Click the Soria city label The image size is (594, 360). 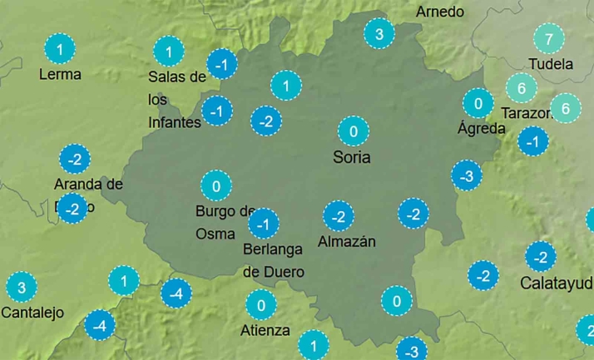(351, 157)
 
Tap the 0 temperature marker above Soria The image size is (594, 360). (354, 131)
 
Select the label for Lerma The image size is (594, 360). (60, 74)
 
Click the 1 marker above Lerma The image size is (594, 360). (59, 48)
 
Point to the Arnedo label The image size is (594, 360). (440, 12)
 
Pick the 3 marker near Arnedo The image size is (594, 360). (379, 34)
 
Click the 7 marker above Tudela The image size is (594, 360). (548, 39)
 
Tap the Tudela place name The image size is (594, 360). (551, 64)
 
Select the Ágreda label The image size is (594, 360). (482, 128)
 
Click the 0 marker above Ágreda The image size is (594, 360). (478, 104)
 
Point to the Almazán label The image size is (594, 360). (347, 242)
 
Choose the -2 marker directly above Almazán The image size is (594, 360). (338, 216)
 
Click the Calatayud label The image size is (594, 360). (556, 282)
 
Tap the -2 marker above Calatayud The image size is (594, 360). (541, 256)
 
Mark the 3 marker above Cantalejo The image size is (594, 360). (22, 288)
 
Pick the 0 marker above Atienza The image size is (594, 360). (261, 305)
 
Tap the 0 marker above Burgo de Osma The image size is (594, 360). (216, 185)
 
